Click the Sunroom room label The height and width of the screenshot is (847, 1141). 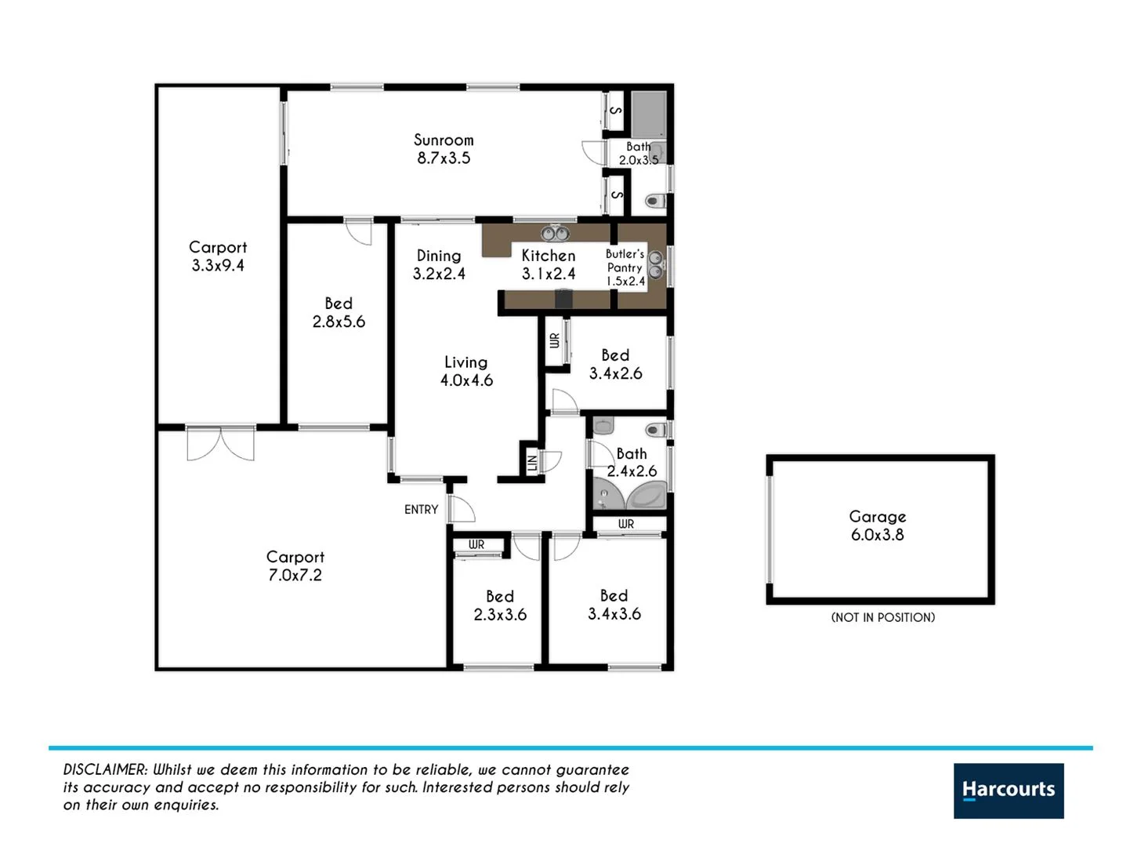444,148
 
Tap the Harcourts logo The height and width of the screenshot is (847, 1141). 1008,790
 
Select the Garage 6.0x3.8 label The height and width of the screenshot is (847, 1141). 877,525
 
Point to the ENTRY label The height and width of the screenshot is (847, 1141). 421,510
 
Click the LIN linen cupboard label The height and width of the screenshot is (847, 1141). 532,463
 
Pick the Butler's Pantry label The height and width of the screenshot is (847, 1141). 625,267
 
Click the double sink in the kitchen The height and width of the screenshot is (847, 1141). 556,234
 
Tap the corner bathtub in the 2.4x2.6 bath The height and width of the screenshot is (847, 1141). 647,496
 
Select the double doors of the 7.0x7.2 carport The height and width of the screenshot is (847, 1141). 220,443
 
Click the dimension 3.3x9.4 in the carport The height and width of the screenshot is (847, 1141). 218,266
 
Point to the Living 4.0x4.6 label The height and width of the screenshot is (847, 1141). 466,371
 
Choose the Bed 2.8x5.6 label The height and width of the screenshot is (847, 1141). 339,312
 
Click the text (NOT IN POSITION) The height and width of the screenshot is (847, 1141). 882,617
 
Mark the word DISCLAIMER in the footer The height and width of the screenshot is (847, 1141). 104,770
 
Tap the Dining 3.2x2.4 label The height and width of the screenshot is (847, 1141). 439,264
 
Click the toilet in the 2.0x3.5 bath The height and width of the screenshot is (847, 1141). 655,202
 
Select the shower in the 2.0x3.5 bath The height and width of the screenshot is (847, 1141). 649,115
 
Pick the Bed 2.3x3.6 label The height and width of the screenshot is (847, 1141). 500,605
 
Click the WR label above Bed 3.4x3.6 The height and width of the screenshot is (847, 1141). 625,524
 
